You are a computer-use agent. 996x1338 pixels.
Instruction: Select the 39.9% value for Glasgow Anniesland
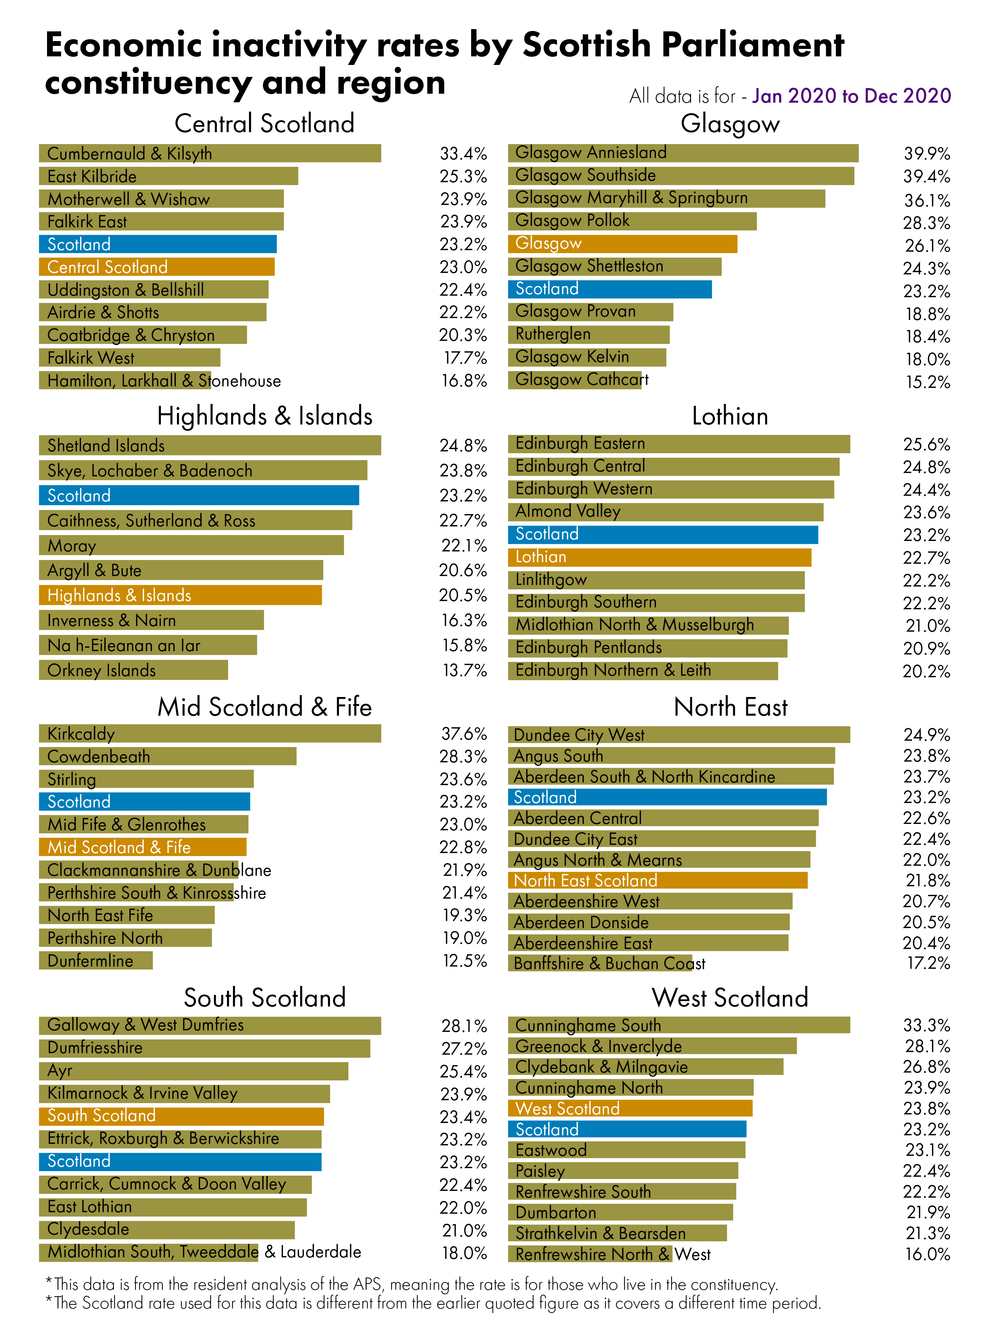[926, 154]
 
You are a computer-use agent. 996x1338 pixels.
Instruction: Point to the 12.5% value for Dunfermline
[464, 961]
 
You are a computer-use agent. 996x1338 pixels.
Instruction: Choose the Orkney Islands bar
[133, 670]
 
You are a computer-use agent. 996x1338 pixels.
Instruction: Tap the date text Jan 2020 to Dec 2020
[851, 96]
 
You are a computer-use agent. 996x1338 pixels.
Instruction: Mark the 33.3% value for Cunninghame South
[926, 1025]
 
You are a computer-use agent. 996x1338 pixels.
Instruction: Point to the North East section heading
[730, 707]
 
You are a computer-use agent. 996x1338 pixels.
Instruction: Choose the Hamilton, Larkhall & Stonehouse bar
[125, 380]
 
